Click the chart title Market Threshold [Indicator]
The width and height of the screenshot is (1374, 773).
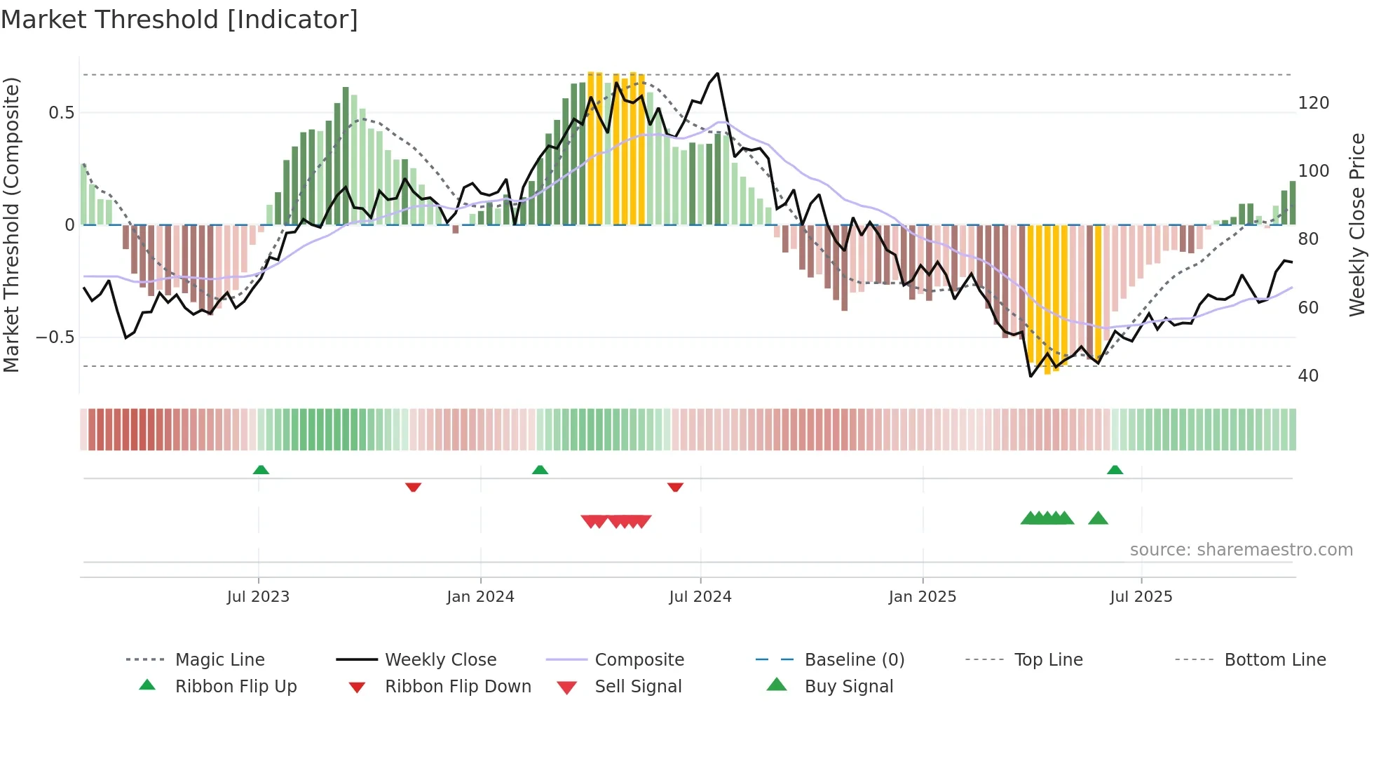[x=179, y=20]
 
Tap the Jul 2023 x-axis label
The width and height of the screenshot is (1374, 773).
[x=258, y=597]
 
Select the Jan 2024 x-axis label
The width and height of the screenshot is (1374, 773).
[x=480, y=597]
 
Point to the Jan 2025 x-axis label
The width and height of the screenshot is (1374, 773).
[x=922, y=597]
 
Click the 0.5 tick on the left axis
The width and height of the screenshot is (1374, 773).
[x=61, y=113]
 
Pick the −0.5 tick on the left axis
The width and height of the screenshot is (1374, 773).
[x=55, y=337]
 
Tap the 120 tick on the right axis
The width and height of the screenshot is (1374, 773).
[x=1313, y=103]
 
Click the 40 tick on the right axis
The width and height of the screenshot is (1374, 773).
[x=1308, y=376]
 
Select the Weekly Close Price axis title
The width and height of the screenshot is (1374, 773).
[x=1357, y=224]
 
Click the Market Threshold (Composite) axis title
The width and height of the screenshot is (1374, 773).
[x=11, y=224]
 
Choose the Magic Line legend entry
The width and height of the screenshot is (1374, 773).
[x=219, y=660]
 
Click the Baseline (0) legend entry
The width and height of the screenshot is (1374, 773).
[x=854, y=660]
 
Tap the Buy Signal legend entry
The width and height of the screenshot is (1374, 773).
[x=848, y=687]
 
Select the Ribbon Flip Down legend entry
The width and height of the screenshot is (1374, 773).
[x=457, y=687]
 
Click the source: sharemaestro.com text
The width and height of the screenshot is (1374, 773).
[x=1241, y=550]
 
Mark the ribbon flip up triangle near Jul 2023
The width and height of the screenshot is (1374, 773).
[x=261, y=469]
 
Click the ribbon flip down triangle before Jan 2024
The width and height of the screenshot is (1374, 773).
[x=413, y=487]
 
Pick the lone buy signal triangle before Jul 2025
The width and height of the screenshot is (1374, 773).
[x=1098, y=518]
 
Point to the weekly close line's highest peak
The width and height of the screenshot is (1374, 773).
[x=717, y=73]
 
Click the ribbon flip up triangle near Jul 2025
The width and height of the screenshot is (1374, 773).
[x=1115, y=469]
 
